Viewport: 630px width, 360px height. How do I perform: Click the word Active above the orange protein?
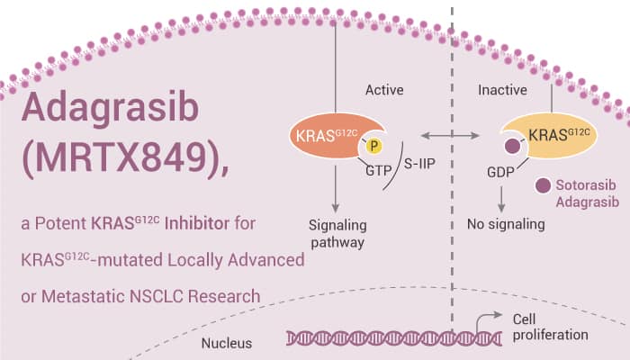click(x=384, y=90)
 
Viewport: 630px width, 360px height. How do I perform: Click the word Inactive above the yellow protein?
click(x=502, y=90)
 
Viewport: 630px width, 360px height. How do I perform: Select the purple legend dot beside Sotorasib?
click(x=543, y=186)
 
